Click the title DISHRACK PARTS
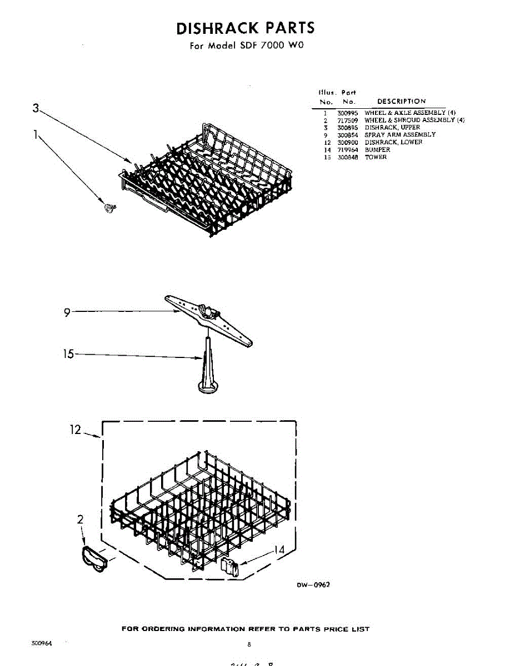[x=245, y=28]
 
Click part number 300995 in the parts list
[x=347, y=113]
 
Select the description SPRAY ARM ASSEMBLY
[x=400, y=135]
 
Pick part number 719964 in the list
[x=347, y=150]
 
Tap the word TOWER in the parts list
[x=376, y=158]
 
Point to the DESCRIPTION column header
[x=401, y=102]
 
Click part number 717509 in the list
[x=347, y=120]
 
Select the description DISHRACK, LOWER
[x=393, y=143]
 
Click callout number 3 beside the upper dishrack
[x=36, y=108]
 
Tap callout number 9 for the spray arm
[x=67, y=312]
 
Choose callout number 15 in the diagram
[x=68, y=354]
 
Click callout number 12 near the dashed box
[x=75, y=430]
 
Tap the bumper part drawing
[x=229, y=567]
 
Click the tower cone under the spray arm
[x=207, y=369]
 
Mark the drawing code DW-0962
[x=313, y=585]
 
